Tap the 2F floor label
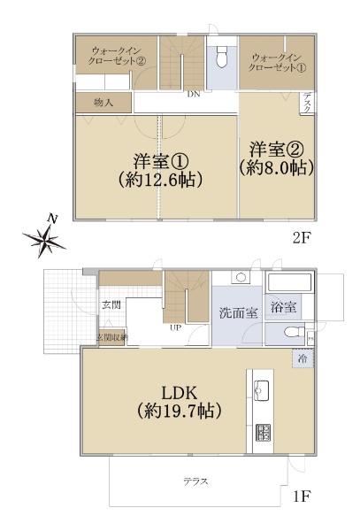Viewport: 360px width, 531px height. [303, 237]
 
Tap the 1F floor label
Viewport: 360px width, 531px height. [302, 496]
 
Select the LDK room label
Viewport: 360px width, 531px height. [178, 391]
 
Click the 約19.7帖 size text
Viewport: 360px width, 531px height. [179, 411]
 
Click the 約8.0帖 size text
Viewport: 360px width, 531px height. [277, 165]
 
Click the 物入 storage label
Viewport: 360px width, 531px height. [103, 103]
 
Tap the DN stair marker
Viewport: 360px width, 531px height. [192, 95]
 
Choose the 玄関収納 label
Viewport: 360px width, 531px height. [111, 337]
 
